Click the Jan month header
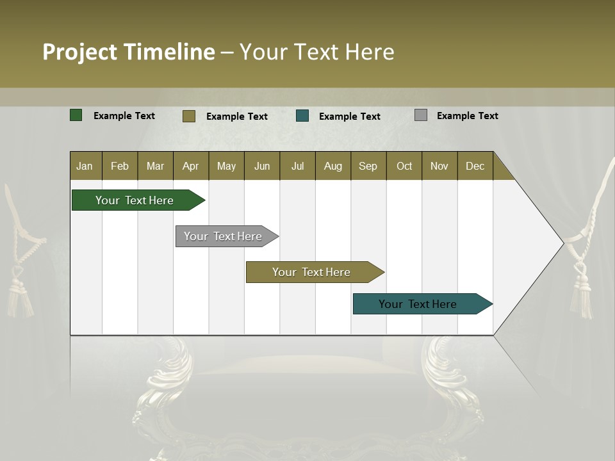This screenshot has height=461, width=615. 85,166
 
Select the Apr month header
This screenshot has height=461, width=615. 191,166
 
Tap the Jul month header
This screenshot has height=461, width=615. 297,166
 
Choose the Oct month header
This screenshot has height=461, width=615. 404,166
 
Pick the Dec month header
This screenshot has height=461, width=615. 475,166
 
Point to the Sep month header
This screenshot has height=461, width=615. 368,166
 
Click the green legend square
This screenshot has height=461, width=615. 76,115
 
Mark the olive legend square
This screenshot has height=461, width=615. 189,116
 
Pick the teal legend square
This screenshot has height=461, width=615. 302,116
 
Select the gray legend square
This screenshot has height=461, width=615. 421,115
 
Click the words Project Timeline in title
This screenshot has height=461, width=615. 129,52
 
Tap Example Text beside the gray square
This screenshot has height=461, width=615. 467,116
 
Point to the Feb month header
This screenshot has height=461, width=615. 120,166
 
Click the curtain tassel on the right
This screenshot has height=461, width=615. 582,288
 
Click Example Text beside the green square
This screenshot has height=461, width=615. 124,116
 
